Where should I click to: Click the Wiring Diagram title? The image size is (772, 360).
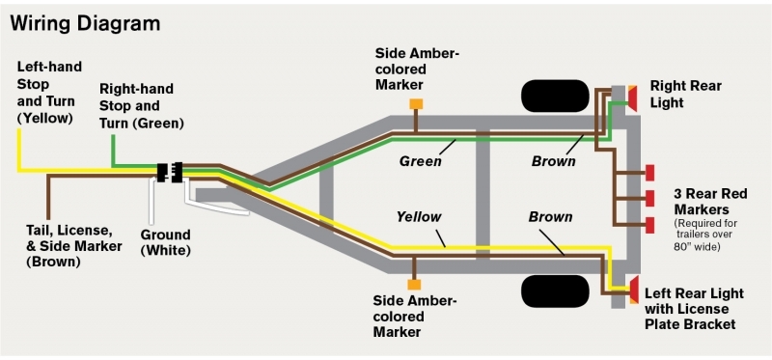pyautogui.click(x=85, y=21)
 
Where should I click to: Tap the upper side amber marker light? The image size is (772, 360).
pyautogui.click(x=417, y=103)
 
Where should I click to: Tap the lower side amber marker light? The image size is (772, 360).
pyautogui.click(x=415, y=285)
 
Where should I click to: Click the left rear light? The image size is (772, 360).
pyautogui.click(x=633, y=289)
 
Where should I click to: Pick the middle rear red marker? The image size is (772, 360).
pyautogui.click(x=649, y=197)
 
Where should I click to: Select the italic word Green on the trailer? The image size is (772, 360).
pyautogui.click(x=421, y=161)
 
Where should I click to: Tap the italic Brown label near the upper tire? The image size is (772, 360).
pyautogui.click(x=553, y=161)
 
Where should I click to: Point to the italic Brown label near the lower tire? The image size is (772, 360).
pyautogui.click(x=551, y=217)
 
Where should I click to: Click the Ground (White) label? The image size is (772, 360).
pyautogui.click(x=165, y=242)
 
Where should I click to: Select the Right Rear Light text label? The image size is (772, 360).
pyautogui.click(x=686, y=94)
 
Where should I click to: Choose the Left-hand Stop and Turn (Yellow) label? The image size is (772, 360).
pyautogui.click(x=49, y=92)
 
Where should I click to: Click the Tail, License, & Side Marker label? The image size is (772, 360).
pyautogui.click(x=74, y=245)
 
